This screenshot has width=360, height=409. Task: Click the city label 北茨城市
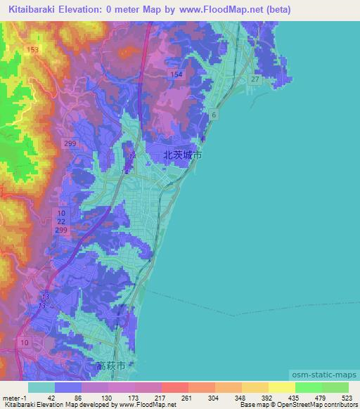pyautogui.click(x=182, y=155)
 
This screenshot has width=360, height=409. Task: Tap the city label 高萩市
pyautogui.click(x=112, y=366)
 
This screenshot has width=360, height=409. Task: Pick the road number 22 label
pyautogui.click(x=62, y=221)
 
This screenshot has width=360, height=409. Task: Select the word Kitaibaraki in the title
pyautogui.click(x=37, y=10)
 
